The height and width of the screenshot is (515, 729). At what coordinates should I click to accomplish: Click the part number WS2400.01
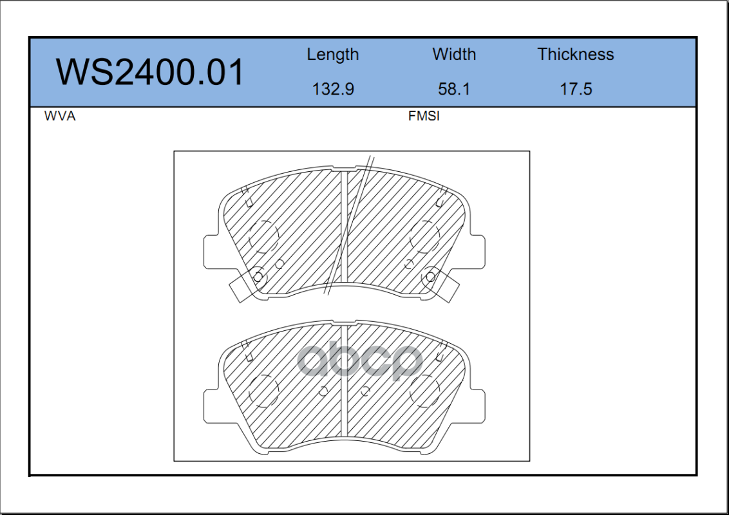(x=149, y=72)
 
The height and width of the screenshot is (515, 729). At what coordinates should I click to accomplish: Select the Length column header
(x=333, y=55)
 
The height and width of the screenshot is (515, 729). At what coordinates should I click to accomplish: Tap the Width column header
(x=454, y=54)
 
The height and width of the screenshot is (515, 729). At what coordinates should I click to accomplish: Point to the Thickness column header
(x=576, y=54)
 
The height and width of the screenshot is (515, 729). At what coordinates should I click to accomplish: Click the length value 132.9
(x=333, y=89)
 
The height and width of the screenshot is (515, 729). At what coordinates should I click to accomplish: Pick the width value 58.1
(x=454, y=89)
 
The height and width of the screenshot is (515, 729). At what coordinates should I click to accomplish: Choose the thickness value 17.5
(x=576, y=89)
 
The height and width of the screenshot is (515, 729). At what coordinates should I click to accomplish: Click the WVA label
(x=60, y=116)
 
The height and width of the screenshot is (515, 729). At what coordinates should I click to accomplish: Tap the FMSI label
(x=424, y=116)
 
